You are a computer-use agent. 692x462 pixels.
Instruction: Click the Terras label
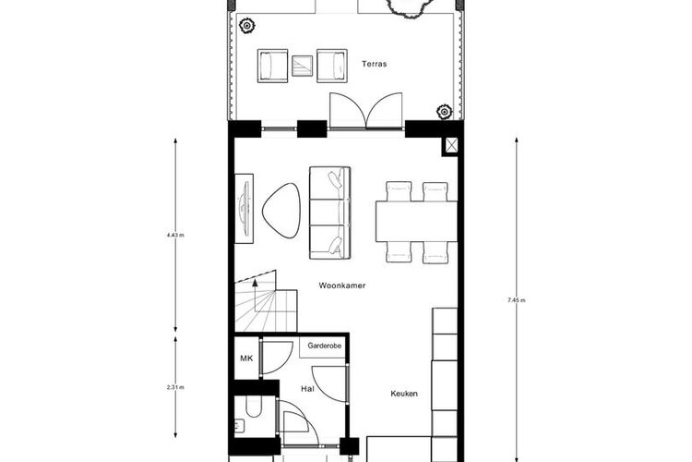[374, 65]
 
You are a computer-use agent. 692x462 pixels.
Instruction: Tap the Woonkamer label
[341, 286]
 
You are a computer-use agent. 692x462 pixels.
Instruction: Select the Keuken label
[403, 394]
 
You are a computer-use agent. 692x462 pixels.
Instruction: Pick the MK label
[246, 359]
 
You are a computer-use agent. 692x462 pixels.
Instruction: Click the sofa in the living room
[329, 213]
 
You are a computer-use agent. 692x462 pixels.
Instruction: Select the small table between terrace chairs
[303, 66]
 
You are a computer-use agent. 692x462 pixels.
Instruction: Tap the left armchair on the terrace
[273, 65]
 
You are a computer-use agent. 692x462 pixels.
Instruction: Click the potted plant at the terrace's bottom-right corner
[445, 112]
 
